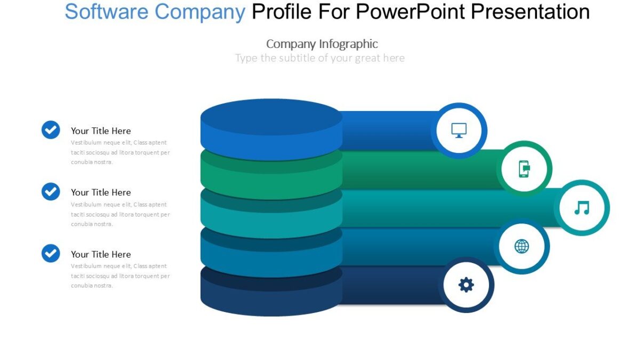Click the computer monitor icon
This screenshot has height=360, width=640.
point(459,130)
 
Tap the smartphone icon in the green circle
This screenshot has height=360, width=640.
point(524,169)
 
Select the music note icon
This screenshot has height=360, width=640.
point(581,207)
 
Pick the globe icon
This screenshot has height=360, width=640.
point(522,246)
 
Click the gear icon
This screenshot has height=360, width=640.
point(466,285)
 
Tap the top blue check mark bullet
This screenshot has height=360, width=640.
point(51,130)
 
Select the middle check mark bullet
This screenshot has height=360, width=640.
point(51,191)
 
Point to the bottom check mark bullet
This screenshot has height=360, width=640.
point(51,253)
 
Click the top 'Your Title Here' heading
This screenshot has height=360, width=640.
point(101,131)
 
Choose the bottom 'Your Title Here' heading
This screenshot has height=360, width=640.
point(101,254)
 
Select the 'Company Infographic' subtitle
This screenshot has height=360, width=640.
point(322,44)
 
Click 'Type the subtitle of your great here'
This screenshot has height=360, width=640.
point(320,58)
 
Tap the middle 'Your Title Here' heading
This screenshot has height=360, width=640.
point(101,193)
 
